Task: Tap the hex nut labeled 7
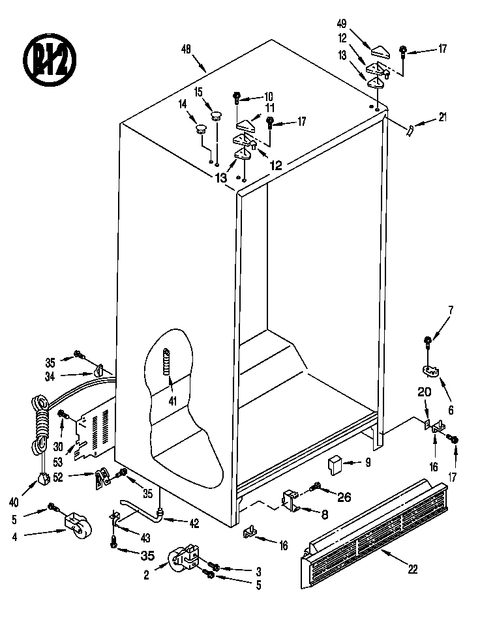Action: point(428,340)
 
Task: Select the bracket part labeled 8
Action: point(291,501)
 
